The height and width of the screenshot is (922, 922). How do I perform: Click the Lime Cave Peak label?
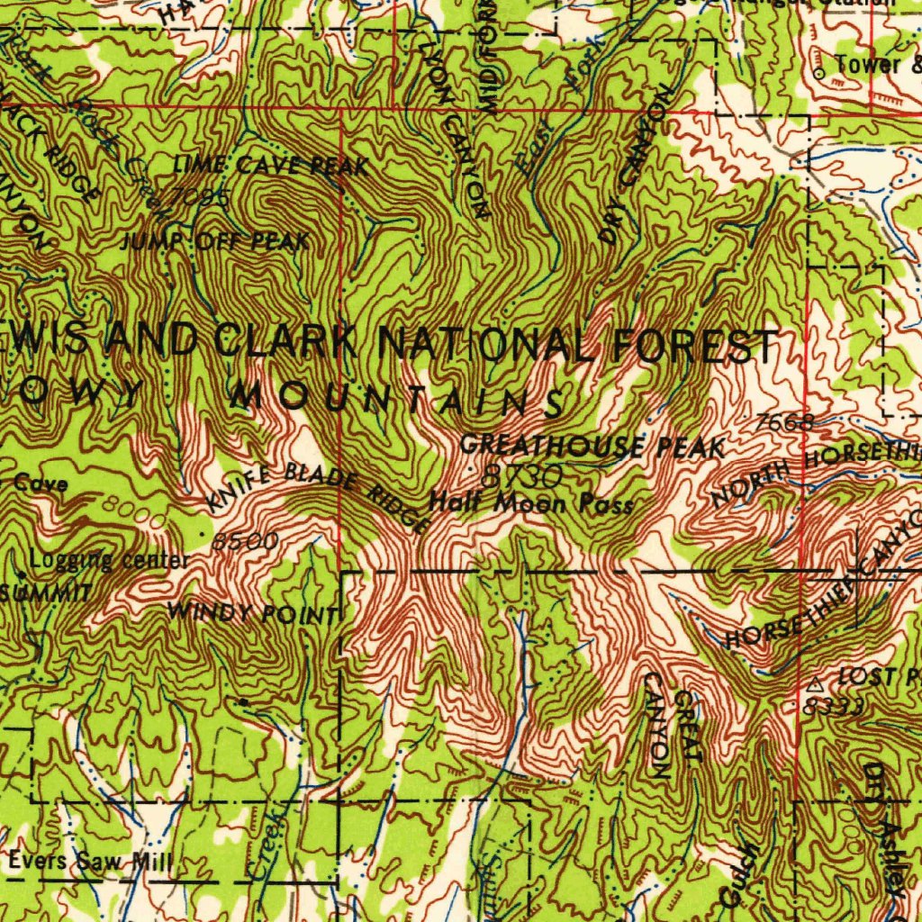[x=271, y=166]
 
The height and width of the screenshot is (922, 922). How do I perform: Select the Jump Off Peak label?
[x=215, y=241]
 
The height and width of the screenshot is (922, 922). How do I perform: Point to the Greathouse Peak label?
[x=592, y=446]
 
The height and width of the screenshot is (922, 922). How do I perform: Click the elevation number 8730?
[x=522, y=475]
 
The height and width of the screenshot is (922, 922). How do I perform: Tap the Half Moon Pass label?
[x=531, y=503]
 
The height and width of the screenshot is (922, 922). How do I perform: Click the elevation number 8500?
[x=244, y=541]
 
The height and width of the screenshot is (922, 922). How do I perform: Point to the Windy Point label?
[x=253, y=615]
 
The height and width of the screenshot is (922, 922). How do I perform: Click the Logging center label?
[x=109, y=561]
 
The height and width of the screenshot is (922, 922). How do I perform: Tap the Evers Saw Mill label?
[x=90, y=862]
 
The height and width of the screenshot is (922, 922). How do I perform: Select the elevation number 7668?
[x=785, y=421]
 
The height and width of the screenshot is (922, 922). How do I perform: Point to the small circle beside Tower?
[x=819, y=72]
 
